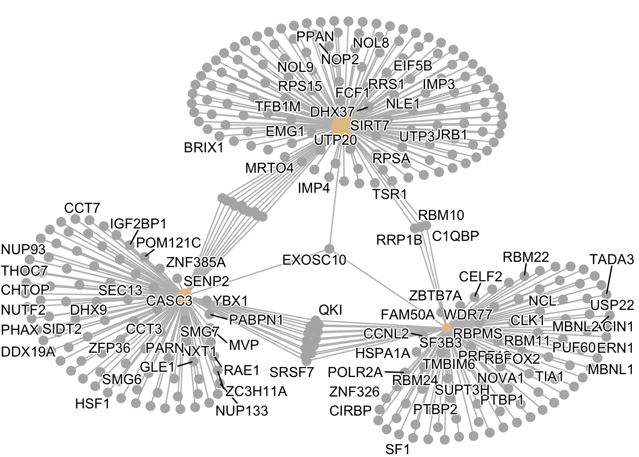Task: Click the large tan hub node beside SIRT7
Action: click(341, 126)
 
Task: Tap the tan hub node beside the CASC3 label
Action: click(185, 294)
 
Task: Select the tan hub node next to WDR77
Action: click(447, 328)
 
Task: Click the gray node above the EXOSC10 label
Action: click(329, 248)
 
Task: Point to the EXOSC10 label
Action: click(314, 260)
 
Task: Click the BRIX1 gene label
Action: click(203, 148)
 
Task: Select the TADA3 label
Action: click(611, 259)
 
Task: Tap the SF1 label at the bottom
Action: click(397, 449)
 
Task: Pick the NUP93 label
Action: click(23, 249)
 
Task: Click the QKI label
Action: click(330, 310)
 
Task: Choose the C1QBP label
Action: click(455, 236)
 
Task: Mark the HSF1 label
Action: click(93, 404)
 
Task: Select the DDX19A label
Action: click(28, 352)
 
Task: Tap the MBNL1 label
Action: click(610, 369)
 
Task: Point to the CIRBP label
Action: click(350, 410)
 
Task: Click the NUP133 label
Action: click(242, 410)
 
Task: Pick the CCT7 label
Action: click(82, 208)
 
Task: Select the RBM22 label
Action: click(526, 258)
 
